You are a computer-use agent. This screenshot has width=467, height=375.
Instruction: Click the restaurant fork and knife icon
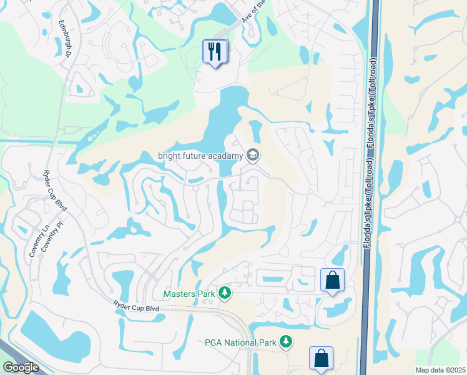tap(215, 51)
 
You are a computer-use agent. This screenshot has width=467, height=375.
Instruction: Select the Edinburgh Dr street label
tap(64, 38)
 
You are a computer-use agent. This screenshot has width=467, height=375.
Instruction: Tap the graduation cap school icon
tap(253, 154)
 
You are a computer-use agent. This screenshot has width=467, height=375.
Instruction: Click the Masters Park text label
tap(189, 293)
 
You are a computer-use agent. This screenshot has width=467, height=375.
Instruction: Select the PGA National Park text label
tap(239, 342)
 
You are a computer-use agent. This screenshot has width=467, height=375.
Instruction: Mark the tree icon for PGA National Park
tap(285, 341)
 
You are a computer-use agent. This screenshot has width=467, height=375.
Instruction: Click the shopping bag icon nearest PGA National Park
tap(321, 359)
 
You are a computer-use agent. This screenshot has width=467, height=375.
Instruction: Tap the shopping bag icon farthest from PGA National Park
tap(332, 281)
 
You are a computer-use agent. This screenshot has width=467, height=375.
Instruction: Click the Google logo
tap(21, 367)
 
